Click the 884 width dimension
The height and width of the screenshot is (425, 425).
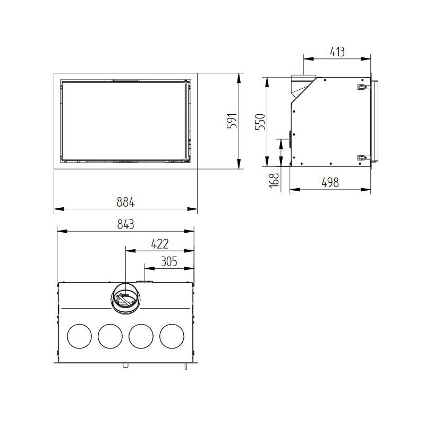[126, 202]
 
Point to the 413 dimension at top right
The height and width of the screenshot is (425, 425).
[336, 52]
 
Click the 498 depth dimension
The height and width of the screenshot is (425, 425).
[330, 182]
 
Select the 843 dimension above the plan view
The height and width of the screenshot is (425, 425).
[126, 224]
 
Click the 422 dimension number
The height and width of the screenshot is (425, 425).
[159, 244]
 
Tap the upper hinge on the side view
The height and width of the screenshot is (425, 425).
[362, 86]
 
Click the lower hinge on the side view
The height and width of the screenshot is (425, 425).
[362, 157]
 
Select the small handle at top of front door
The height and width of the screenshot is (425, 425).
[126, 80]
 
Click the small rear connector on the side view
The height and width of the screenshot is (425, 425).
[290, 140]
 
